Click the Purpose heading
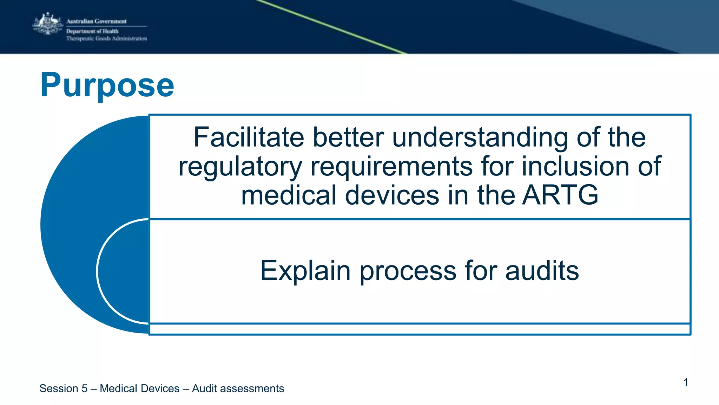click(x=107, y=85)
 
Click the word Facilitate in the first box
click(x=249, y=137)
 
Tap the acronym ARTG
click(x=560, y=195)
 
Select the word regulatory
click(x=240, y=167)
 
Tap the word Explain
click(x=305, y=271)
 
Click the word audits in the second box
click(x=542, y=271)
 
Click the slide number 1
click(x=686, y=382)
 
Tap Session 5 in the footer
click(x=63, y=388)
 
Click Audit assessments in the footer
click(x=238, y=388)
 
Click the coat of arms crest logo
click(x=48, y=24)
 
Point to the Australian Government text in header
click(x=97, y=21)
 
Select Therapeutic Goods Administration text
click(x=107, y=39)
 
